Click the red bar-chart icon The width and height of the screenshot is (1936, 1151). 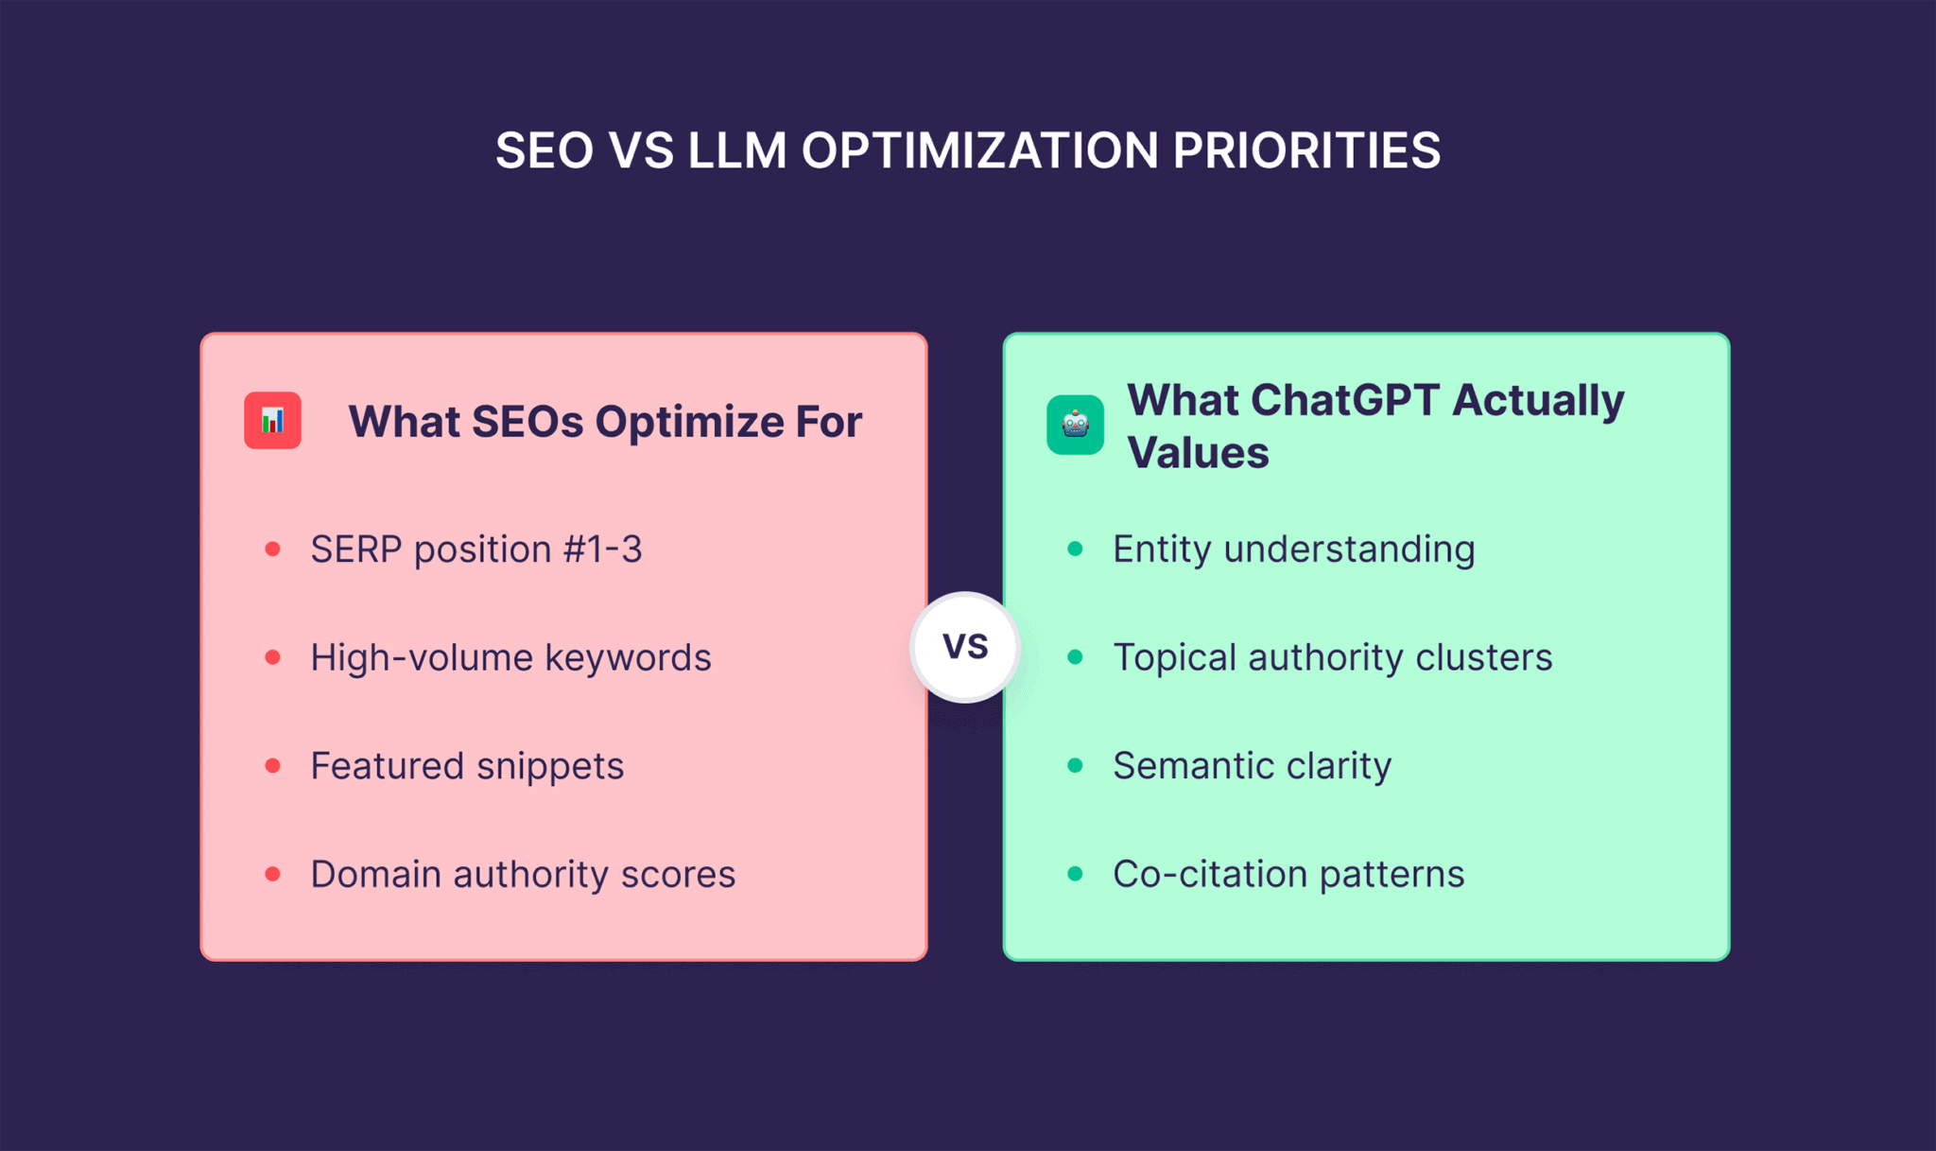(x=272, y=420)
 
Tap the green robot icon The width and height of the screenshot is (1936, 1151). (x=1075, y=425)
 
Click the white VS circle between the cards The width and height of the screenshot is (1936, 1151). (x=965, y=647)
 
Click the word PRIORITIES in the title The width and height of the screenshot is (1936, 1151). (x=1306, y=150)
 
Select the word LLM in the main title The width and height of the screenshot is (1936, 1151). (x=737, y=150)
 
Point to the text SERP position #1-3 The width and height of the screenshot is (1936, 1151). (x=475, y=549)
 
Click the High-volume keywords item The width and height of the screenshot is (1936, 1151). (x=510, y=657)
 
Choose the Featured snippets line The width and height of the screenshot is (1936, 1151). (x=467, y=766)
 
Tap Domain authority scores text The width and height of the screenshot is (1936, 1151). (x=523, y=874)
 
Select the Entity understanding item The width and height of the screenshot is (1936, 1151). (x=1293, y=549)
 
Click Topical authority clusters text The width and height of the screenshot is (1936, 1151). (x=1332, y=657)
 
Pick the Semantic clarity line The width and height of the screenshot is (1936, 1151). (x=1252, y=766)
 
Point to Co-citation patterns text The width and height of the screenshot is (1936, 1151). (x=1288, y=874)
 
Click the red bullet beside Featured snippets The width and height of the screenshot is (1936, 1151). (x=273, y=766)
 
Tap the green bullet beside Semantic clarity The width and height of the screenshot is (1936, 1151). (x=1075, y=766)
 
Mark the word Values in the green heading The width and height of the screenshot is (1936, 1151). (x=1198, y=453)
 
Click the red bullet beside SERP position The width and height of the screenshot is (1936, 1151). (x=273, y=549)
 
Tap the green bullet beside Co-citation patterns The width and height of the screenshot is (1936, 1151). (x=1075, y=874)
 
